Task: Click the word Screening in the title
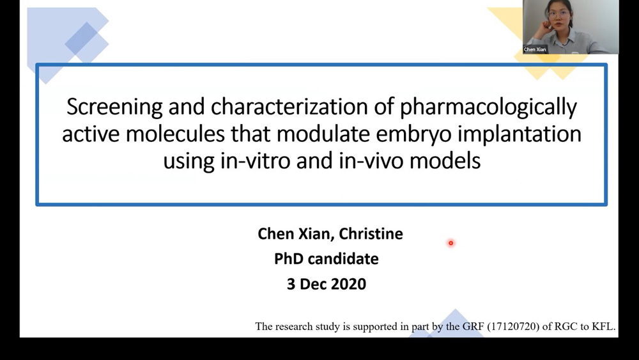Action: (114, 107)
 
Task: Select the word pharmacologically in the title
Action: (488, 107)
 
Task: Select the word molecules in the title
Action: (175, 134)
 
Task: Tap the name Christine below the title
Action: (371, 233)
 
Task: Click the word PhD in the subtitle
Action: (289, 259)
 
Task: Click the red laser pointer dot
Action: (450, 243)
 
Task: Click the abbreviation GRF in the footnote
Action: (473, 327)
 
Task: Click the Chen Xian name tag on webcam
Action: (535, 49)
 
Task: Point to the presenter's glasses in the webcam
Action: (557, 13)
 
